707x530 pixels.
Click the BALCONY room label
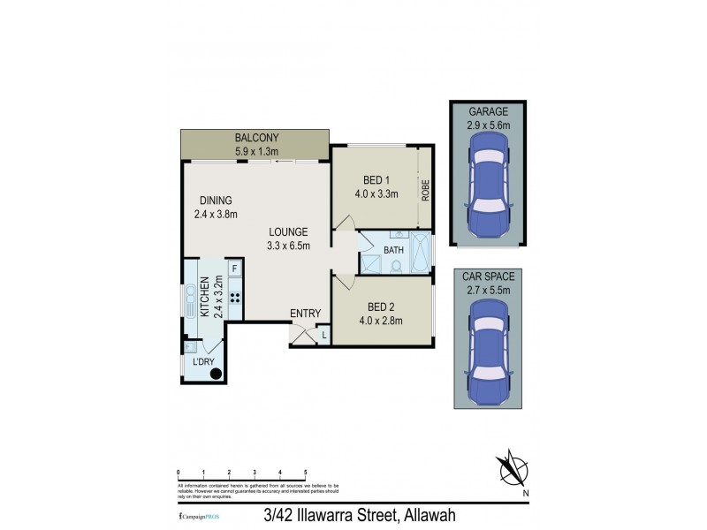[256, 137]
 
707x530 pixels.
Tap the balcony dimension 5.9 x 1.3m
[256, 151]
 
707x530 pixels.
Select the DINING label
[216, 200]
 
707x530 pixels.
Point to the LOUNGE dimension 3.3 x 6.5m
[289, 246]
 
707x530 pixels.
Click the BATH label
[393, 250]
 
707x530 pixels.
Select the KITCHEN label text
[203, 297]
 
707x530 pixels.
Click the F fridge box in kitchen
[234, 268]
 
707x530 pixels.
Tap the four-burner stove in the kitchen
[235, 298]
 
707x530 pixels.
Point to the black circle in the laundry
[215, 373]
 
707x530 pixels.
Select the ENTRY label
[304, 314]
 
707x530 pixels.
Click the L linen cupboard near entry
[323, 334]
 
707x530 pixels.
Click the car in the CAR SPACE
[489, 348]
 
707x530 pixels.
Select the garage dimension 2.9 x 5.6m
[489, 125]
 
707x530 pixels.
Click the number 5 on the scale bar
[306, 473]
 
